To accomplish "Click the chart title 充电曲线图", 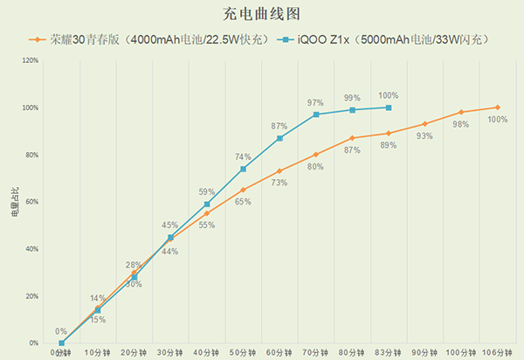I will click(262, 15).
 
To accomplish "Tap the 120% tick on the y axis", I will click(29, 60).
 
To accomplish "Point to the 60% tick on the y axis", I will click(31, 202).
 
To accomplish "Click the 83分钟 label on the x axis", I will click(388, 351).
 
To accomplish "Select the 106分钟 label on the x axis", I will click(496, 351).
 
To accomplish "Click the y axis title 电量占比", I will click(13, 202).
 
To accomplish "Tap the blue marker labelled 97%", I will click(315, 114).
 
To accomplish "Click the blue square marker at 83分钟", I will click(388, 107).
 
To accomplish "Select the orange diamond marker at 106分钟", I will click(497, 107).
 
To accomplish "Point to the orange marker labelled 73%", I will click(279, 171).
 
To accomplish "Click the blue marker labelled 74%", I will click(243, 169).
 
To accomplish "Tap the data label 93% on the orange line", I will click(424, 136).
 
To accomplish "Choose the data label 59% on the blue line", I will click(207, 191).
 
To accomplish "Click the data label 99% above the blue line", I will click(352, 98).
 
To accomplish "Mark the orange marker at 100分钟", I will click(460, 112).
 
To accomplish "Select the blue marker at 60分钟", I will click(279, 138).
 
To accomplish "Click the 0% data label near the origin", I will click(61, 331).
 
